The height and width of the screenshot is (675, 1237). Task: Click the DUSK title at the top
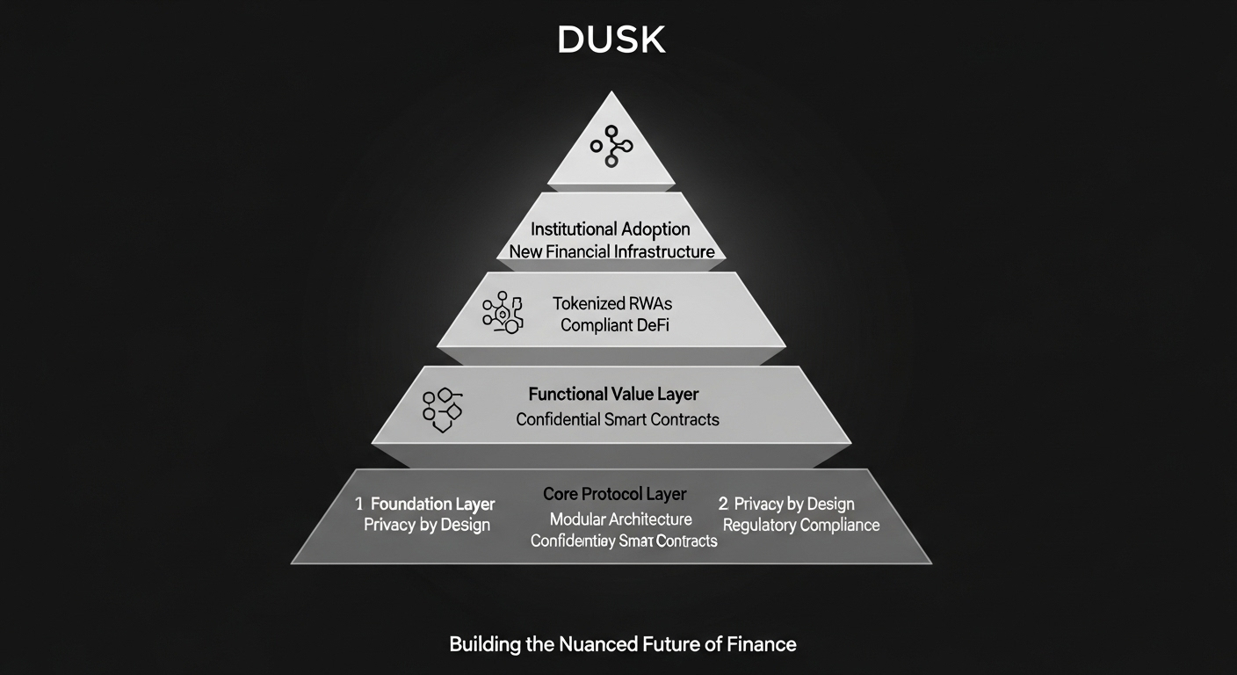(x=611, y=40)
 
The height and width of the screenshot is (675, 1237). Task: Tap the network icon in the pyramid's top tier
(x=611, y=147)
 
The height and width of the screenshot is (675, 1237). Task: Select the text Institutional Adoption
(x=611, y=229)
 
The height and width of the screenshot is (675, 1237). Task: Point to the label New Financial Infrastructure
(x=611, y=252)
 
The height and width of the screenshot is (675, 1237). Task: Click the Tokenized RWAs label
(x=611, y=303)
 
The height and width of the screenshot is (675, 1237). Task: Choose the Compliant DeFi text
(x=613, y=325)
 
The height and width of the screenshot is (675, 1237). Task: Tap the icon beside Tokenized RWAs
(x=503, y=313)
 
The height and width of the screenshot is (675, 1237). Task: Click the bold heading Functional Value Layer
(x=613, y=395)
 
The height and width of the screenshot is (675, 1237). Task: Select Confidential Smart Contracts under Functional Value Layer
(x=618, y=419)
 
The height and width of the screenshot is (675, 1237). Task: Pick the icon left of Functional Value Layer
(x=442, y=409)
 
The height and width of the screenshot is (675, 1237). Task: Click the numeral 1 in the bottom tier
(x=359, y=504)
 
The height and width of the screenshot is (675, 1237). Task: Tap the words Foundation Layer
(x=432, y=504)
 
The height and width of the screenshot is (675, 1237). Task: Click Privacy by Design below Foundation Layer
(x=427, y=525)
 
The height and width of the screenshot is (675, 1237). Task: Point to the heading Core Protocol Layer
(x=615, y=494)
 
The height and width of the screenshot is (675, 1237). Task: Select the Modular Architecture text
(x=621, y=519)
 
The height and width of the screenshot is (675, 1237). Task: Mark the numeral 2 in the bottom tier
(x=723, y=504)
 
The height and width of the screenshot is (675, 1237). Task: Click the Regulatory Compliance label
(x=801, y=525)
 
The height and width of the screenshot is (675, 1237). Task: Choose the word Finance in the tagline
(x=762, y=644)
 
